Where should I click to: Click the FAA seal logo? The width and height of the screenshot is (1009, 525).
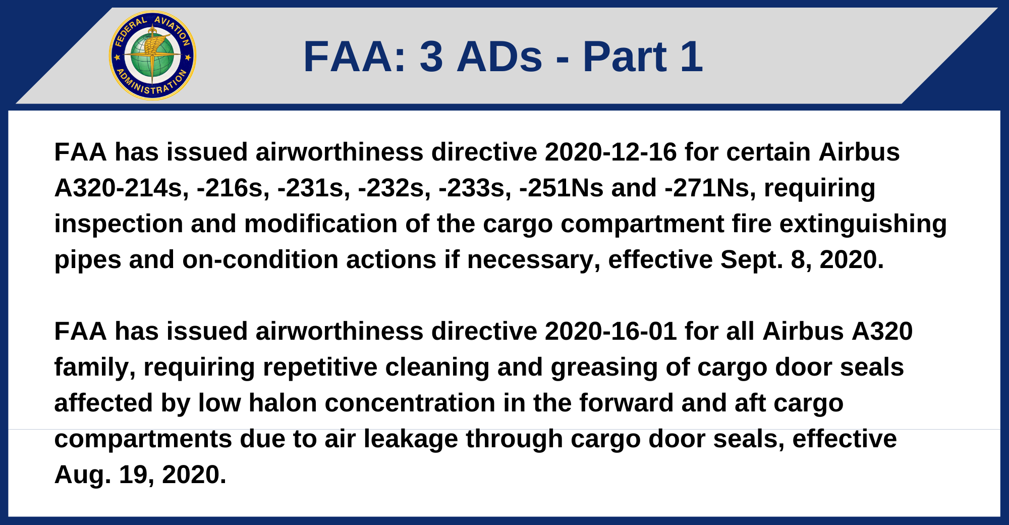pyautogui.click(x=152, y=56)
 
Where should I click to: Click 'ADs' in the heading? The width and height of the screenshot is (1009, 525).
pyautogui.click(x=499, y=57)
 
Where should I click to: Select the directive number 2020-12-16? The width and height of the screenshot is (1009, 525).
pyautogui.click(x=610, y=152)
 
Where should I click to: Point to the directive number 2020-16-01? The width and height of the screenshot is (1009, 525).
pyautogui.click(x=610, y=331)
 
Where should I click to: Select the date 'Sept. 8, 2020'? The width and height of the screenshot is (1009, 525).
pyautogui.click(x=802, y=259)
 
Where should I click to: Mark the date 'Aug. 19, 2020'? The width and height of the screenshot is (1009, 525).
pyautogui.click(x=140, y=475)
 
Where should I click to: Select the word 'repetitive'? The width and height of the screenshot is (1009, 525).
pyautogui.click(x=320, y=367)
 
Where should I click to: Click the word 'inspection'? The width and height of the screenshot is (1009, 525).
pyautogui.click(x=119, y=224)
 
